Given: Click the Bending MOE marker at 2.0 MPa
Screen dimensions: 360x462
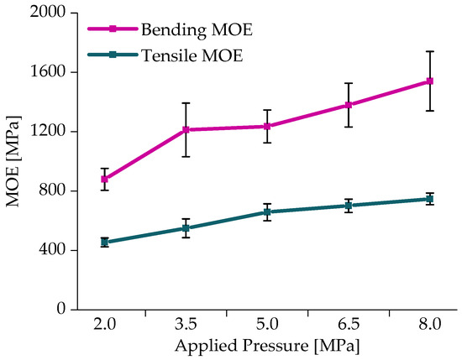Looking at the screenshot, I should coord(105,179).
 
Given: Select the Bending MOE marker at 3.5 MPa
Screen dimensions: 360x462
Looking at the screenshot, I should coord(186,130).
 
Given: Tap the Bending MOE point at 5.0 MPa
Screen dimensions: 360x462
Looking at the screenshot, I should coord(267,127).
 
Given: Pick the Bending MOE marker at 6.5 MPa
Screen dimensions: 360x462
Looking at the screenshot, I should coord(349,105).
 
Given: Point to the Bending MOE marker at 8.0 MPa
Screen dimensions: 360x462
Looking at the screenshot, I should coord(430,81).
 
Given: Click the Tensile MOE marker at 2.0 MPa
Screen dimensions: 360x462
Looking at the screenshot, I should coord(105,243).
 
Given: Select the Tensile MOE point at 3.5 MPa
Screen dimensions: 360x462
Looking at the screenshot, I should coord(186,228).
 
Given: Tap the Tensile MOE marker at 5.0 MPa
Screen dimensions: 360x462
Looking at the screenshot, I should coord(267,212).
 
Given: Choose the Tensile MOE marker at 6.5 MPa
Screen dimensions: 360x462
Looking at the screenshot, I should coord(349,206).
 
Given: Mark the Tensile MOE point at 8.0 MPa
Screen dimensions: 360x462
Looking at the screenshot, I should coord(430,199).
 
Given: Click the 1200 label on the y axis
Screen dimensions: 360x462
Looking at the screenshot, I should coord(49,132).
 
